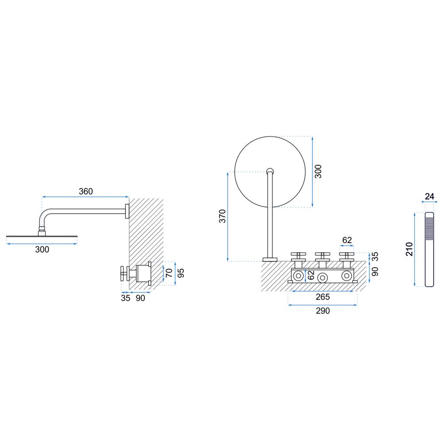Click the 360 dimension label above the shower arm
(85, 191)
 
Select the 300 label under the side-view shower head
(42, 249)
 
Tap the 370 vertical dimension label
(223, 216)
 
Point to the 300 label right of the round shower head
(318, 171)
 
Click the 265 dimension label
(323, 297)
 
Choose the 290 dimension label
(323, 311)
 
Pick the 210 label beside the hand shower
(409, 249)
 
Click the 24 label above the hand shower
(429, 196)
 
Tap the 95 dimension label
(181, 273)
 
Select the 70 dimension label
(169, 273)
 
